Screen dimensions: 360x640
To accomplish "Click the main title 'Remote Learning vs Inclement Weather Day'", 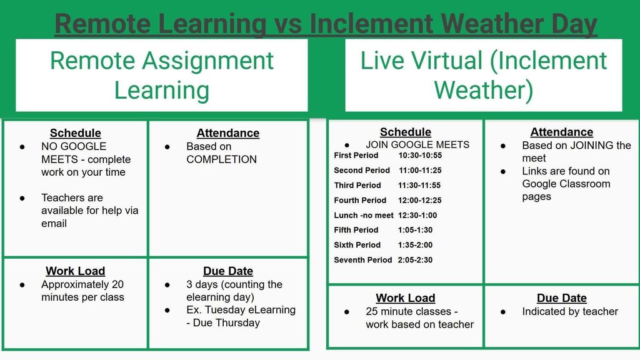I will tap(326, 23).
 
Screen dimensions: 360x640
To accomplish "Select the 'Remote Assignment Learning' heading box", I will tap(162, 76).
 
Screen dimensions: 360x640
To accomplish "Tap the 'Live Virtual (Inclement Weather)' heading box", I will tap(483, 75).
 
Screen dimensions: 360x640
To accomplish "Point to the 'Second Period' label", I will tap(361, 170).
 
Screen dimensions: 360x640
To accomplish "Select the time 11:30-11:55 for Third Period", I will tap(419, 185).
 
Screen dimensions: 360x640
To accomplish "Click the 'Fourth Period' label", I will tap(360, 200).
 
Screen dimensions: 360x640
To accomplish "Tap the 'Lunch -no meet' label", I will tap(364, 215).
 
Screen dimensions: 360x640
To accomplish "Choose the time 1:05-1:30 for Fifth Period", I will tap(415, 230).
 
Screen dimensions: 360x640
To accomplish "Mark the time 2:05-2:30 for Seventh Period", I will tap(415, 260).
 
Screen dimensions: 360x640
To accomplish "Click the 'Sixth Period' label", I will tap(357, 245).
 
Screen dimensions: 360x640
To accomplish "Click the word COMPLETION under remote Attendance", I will tap(221, 159).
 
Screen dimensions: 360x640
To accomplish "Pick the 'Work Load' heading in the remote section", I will tap(75, 271).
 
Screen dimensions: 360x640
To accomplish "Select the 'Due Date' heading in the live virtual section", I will tap(561, 298).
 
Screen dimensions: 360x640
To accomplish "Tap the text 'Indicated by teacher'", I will tap(570, 311).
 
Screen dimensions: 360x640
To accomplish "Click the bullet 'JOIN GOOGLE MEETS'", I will tap(417, 144).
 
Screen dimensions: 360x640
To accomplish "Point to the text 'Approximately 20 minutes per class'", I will tap(82, 291).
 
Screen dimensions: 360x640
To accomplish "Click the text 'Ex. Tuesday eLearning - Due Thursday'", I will tap(241, 316).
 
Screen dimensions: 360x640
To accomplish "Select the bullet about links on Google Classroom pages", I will tap(566, 184).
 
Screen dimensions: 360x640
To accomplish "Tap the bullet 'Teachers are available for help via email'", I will tap(89, 210).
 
